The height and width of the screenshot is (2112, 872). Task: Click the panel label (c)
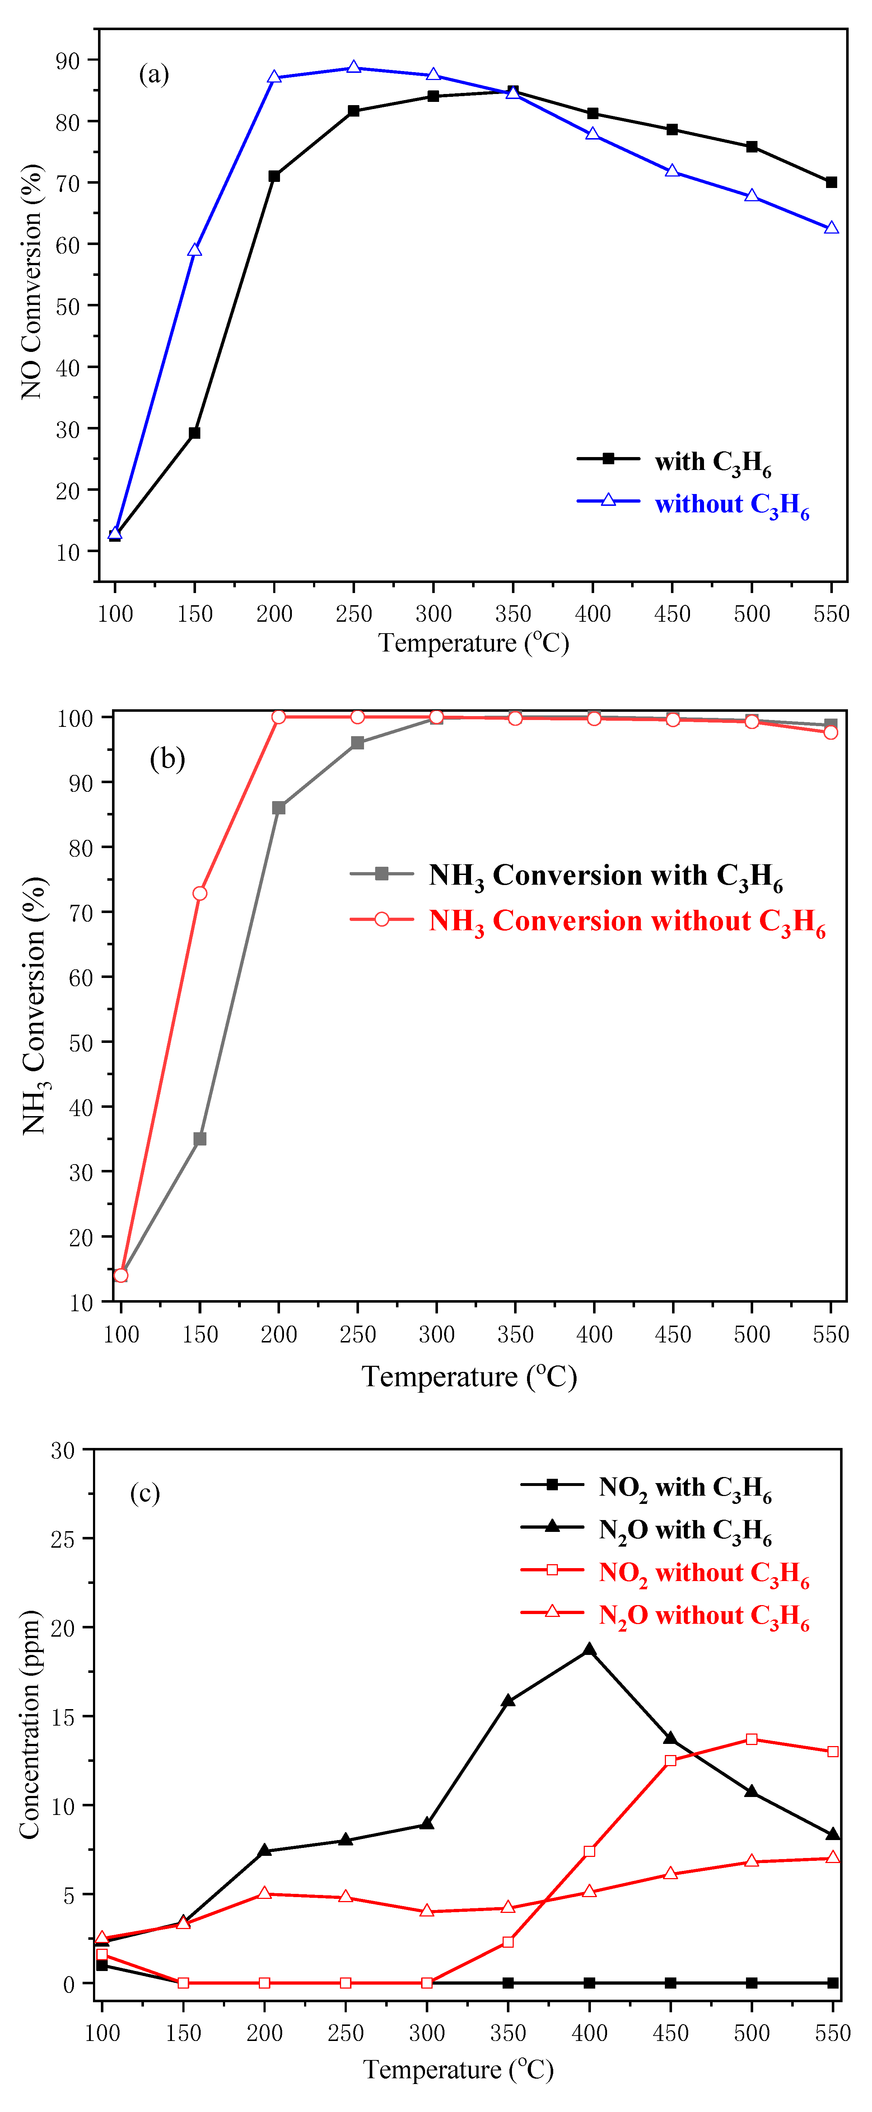pos(145,1493)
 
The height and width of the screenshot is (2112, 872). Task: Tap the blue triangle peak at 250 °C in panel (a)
pos(354,67)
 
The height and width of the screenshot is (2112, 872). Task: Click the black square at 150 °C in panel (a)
pos(195,433)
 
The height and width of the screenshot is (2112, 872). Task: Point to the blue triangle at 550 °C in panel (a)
pos(831,228)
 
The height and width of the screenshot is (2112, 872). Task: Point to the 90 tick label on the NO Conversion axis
pos(68,61)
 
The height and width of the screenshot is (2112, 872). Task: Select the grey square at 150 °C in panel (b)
pos(199,1139)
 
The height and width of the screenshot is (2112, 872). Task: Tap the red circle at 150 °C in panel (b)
pos(199,893)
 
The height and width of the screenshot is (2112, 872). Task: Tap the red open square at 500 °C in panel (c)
pos(751,1739)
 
